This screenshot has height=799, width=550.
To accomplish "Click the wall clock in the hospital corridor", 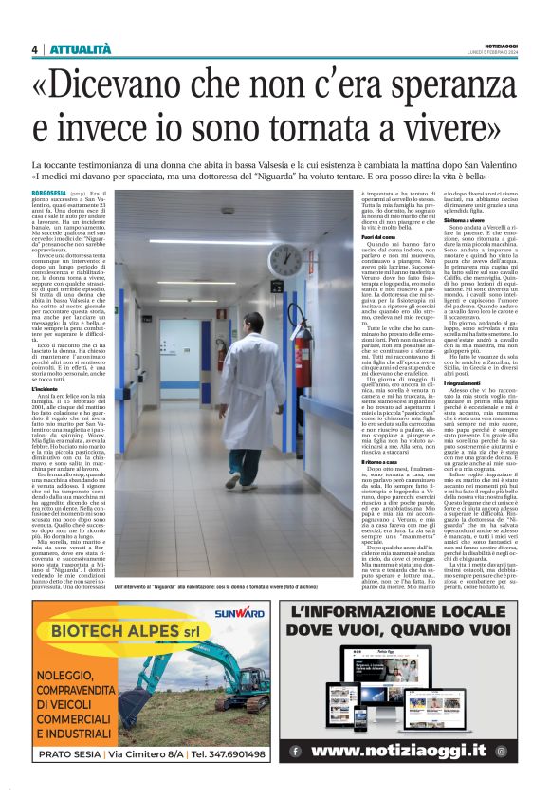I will (x=284, y=259).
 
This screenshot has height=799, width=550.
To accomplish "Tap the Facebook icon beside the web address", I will (x=296, y=751).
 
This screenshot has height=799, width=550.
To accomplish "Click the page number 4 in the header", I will (x=34, y=49).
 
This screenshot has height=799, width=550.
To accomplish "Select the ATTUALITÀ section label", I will (x=81, y=49).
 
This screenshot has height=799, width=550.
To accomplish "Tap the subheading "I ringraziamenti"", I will (x=442, y=382).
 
